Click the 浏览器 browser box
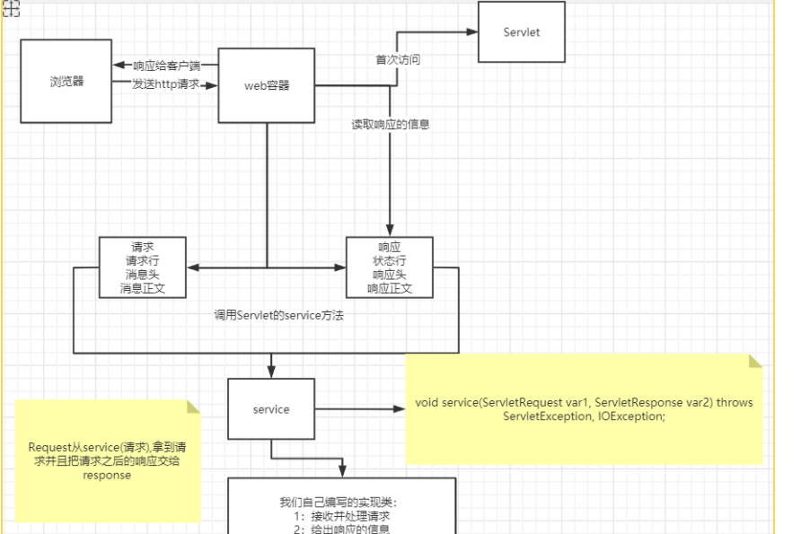tap(66, 81)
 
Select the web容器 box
tap(267, 86)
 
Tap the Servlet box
tap(521, 32)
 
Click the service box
tap(271, 409)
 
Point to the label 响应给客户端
tap(167, 66)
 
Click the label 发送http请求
tap(165, 84)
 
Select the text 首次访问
tap(398, 60)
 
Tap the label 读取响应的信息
tap(391, 125)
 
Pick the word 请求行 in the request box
tap(143, 260)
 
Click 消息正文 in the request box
tap(143, 289)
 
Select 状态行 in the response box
tap(390, 260)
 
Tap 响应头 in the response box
tap(390, 275)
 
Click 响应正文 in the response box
tap(390, 289)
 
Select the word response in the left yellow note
tap(107, 476)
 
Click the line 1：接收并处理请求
tap(341, 516)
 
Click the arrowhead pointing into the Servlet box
tap(472, 32)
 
